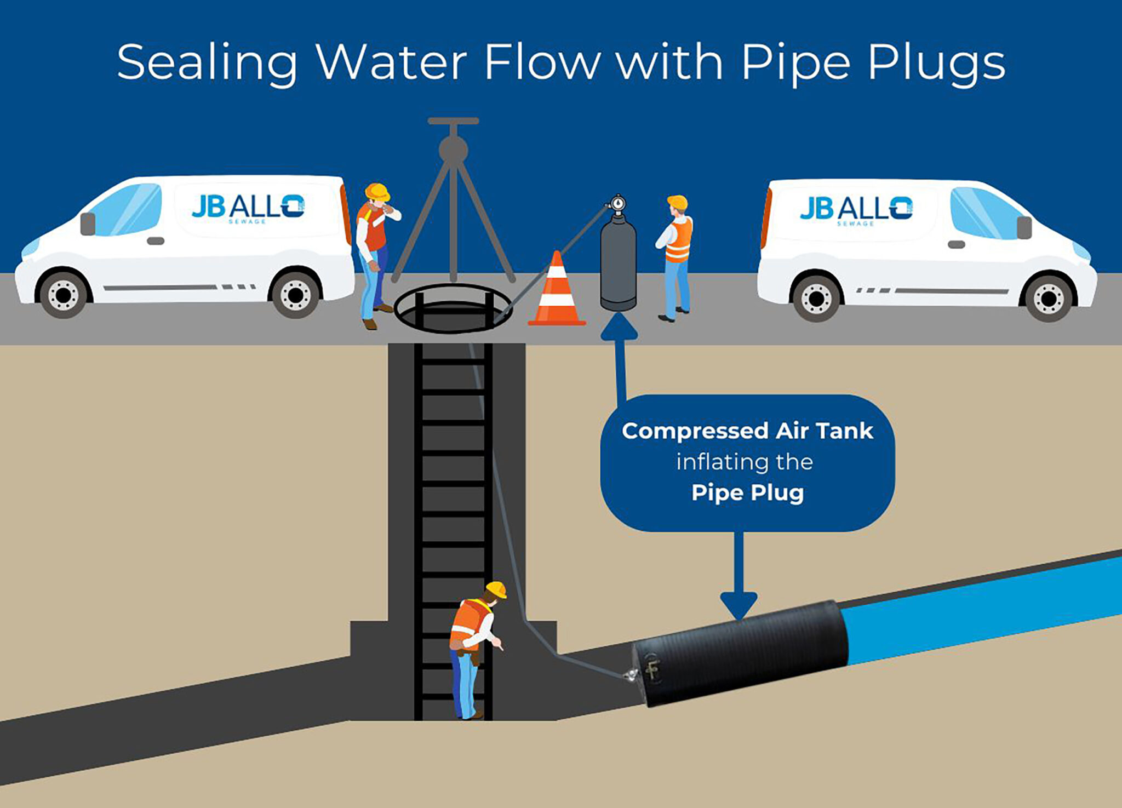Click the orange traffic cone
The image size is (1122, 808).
coord(557,293)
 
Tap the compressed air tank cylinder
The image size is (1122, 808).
coord(618,263)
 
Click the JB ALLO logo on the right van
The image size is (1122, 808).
coord(856,210)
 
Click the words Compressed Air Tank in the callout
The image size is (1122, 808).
coord(747,431)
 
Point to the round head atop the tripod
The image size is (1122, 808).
coord(453,149)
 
